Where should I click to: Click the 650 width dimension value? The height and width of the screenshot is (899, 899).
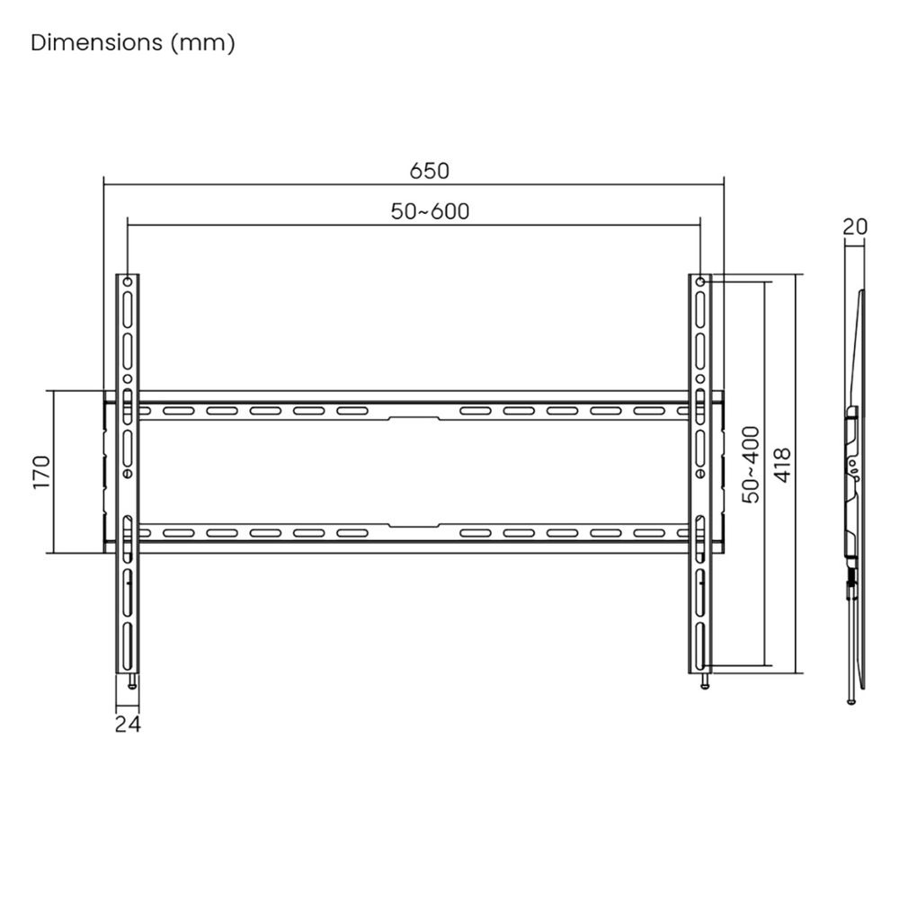(x=429, y=170)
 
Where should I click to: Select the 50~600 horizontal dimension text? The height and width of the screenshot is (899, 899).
(x=430, y=211)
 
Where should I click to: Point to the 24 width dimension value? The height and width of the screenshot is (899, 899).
(x=128, y=723)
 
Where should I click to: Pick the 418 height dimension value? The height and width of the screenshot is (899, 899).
(x=782, y=466)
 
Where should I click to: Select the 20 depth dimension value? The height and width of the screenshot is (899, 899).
(x=855, y=227)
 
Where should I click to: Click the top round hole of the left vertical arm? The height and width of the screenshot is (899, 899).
(x=128, y=283)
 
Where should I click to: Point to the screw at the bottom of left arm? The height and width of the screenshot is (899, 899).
(x=133, y=682)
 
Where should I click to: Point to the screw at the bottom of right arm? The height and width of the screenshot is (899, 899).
(x=706, y=682)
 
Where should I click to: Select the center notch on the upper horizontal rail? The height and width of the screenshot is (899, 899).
(x=414, y=417)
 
